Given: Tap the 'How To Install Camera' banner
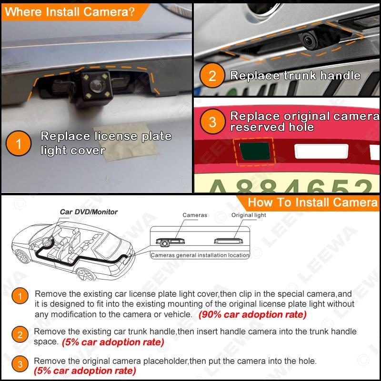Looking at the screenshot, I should pos(312,202).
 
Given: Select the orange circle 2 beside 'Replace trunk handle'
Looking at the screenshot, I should pos(212,76).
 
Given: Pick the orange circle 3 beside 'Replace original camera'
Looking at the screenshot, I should pos(212,121).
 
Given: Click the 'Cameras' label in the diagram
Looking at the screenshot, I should pos(195,215).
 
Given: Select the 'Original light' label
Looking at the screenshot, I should pos(249,215).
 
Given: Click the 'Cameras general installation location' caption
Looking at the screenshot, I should pos(200,255).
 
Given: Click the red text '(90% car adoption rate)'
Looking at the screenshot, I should pos(252,315).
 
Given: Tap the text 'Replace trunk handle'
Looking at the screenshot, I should pos(295,76).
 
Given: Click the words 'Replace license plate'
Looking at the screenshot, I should pos(106,137).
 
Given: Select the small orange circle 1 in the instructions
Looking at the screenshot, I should pos(20,298).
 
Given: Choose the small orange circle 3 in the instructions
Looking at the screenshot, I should pos(20,365).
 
